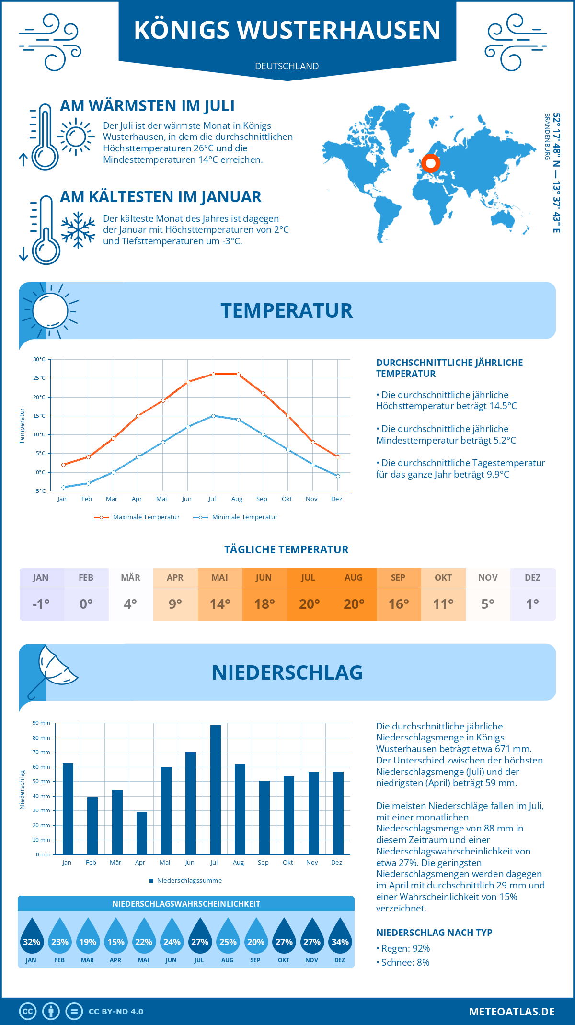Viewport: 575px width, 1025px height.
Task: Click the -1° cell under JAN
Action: (x=41, y=604)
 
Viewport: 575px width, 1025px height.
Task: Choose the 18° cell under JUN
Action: (x=264, y=604)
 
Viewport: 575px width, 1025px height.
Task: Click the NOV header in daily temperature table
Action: (x=488, y=578)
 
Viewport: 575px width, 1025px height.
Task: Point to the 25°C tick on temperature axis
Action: (x=39, y=378)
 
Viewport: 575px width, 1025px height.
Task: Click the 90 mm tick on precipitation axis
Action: (x=42, y=723)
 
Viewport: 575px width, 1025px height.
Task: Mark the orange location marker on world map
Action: (x=431, y=163)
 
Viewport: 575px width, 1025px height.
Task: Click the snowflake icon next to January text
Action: (x=78, y=230)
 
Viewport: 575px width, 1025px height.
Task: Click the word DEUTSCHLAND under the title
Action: (x=287, y=67)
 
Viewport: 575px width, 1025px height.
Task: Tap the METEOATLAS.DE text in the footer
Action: (x=512, y=1012)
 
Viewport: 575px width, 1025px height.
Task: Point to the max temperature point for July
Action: (x=213, y=374)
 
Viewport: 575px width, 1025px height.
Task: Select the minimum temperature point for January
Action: (x=63, y=487)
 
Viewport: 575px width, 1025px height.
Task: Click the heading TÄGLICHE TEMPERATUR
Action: (x=287, y=550)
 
